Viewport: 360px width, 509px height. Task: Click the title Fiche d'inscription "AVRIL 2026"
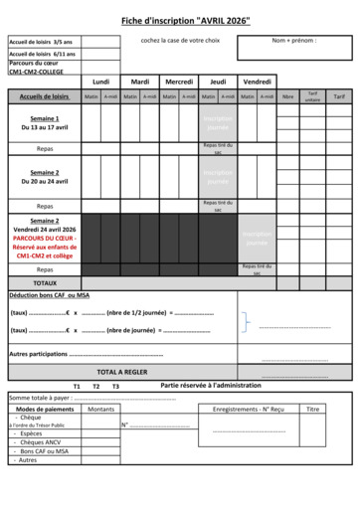click(x=186, y=20)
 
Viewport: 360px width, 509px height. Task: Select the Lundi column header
click(x=100, y=82)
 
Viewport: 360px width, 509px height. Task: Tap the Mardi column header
click(x=140, y=82)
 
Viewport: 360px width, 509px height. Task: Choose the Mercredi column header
click(x=179, y=82)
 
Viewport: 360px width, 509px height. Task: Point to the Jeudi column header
click(x=219, y=82)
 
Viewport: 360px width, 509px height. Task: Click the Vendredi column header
click(x=258, y=82)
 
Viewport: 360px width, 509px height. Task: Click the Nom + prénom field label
click(x=294, y=42)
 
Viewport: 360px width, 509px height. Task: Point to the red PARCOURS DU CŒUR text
click(x=45, y=238)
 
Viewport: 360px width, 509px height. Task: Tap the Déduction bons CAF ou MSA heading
click(x=48, y=295)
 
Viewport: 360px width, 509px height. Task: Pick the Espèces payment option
click(x=32, y=433)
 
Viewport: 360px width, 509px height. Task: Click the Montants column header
click(x=100, y=409)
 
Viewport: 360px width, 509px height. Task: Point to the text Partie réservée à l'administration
click(x=211, y=385)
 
